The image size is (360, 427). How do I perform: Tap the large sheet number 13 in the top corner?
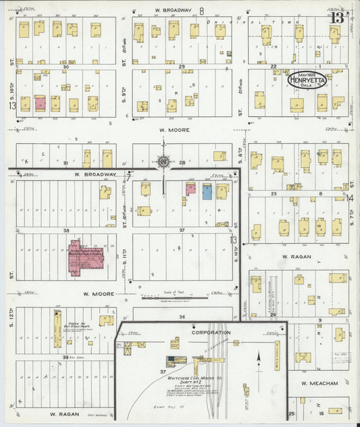338,16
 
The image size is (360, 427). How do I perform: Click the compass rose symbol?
164,161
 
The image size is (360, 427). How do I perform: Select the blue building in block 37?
207,191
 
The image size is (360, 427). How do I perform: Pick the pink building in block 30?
40,103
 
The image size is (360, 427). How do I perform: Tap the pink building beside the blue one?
190,190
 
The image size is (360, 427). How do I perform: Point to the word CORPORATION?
210,332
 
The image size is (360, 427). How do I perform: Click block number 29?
182,66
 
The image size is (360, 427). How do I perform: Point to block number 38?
66,230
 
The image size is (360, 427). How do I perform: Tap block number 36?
182,316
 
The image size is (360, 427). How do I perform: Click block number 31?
66,164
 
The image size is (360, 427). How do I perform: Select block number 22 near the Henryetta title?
274,66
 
